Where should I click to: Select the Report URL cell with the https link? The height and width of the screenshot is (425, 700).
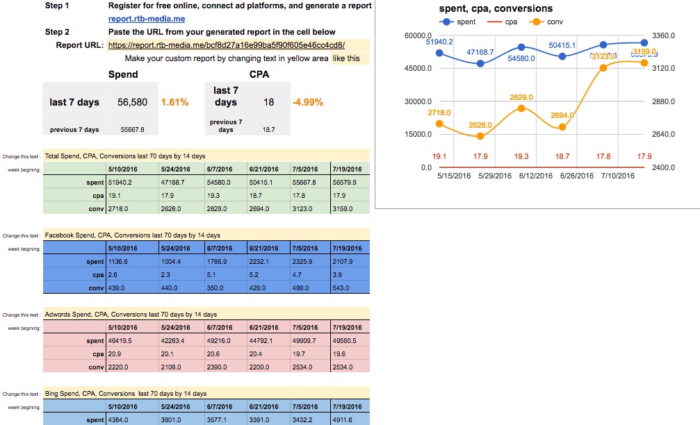227,45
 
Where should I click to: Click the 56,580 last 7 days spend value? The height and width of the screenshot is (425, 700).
132,102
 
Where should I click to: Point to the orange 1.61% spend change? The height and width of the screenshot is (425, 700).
174,102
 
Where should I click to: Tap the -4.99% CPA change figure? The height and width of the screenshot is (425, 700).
308,102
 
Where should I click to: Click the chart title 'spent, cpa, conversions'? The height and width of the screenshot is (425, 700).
496,9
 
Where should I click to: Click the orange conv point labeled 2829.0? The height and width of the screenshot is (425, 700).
521,109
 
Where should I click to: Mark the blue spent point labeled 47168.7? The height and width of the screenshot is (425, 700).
480,63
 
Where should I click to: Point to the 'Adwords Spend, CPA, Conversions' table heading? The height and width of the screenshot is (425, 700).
131,315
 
